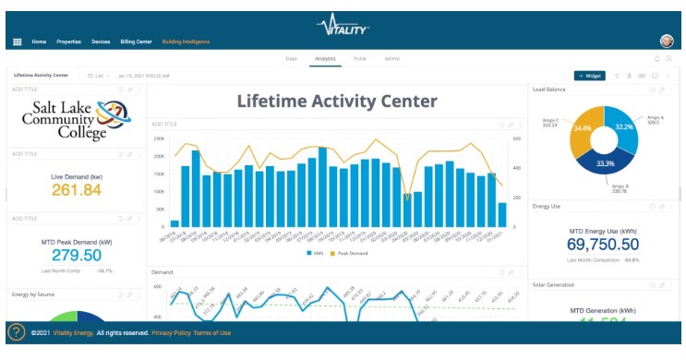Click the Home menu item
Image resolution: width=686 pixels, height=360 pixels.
click(x=39, y=42)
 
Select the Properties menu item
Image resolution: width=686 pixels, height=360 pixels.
click(x=69, y=42)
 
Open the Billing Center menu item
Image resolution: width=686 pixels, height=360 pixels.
click(x=136, y=42)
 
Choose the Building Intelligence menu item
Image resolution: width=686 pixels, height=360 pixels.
click(x=186, y=42)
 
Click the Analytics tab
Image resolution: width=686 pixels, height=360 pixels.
click(x=325, y=58)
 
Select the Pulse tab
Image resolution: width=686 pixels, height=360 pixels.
click(x=359, y=58)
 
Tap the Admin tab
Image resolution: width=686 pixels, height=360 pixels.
click(x=391, y=58)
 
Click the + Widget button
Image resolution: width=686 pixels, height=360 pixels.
click(x=589, y=76)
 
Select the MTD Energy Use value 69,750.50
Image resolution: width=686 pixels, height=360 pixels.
click(x=603, y=244)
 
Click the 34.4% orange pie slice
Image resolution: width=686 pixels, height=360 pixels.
click(x=580, y=129)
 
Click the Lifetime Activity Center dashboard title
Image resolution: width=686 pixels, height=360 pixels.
click(x=337, y=102)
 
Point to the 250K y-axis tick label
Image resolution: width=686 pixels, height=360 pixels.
click(x=159, y=138)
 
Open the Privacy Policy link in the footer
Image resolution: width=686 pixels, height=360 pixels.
click(x=172, y=332)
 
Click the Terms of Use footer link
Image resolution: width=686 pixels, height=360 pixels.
click(x=212, y=332)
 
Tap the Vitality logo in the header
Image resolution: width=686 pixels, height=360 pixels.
click(x=343, y=21)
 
